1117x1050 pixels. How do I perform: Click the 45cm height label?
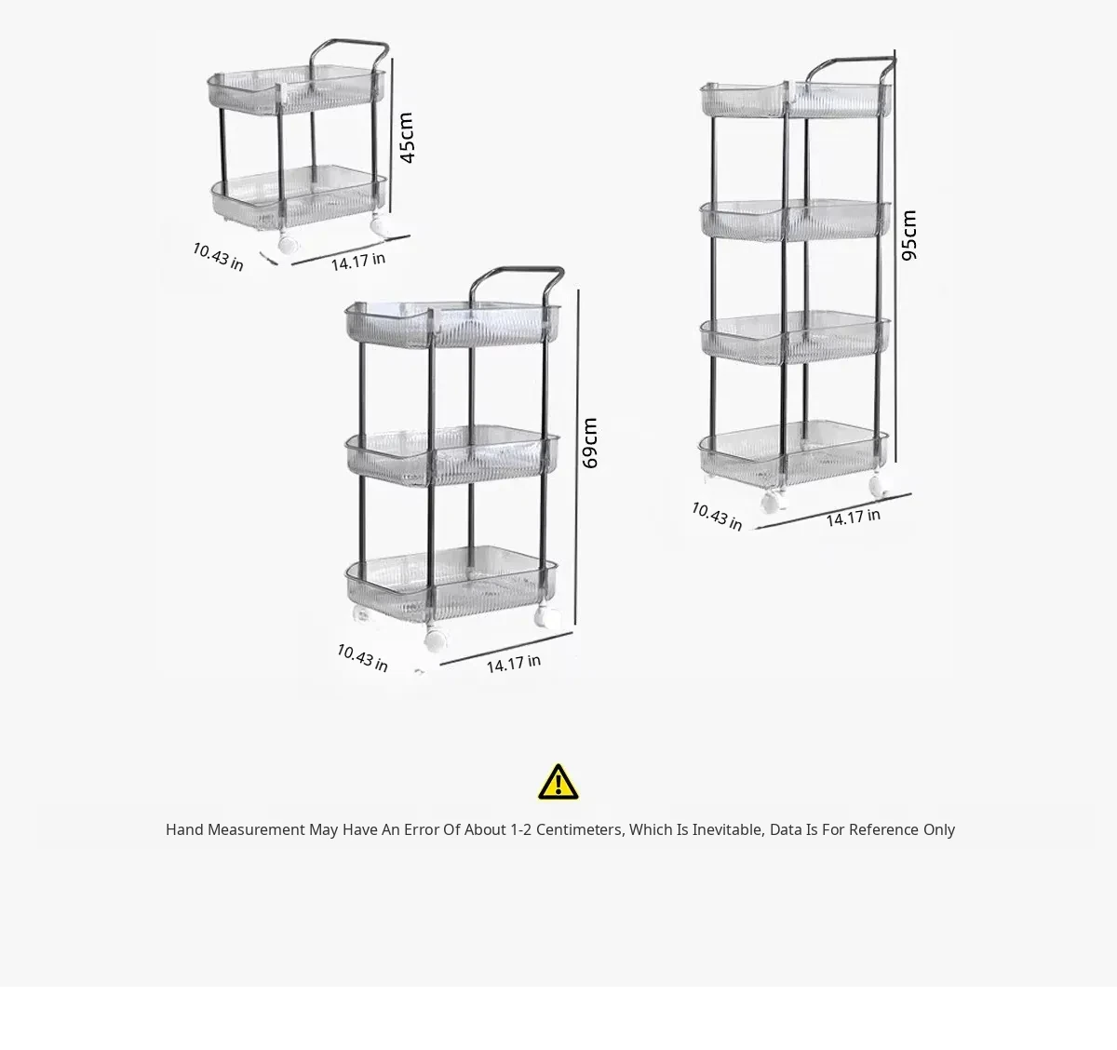click(406, 138)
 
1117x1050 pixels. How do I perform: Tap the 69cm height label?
click(589, 443)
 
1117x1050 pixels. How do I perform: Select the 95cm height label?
click(908, 236)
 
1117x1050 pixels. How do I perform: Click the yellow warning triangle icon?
click(558, 782)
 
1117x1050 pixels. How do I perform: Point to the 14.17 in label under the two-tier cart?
click(358, 262)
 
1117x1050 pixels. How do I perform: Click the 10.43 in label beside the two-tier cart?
click(218, 257)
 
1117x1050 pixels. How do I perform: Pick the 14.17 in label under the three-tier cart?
click(514, 664)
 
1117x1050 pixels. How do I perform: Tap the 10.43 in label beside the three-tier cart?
click(362, 658)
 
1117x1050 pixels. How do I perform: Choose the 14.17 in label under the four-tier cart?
click(854, 518)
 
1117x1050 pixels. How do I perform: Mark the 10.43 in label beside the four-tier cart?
click(717, 516)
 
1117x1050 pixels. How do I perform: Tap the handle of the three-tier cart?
click(517, 270)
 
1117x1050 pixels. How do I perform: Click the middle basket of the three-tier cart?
click(452, 456)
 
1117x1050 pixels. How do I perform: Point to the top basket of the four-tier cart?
click(796, 100)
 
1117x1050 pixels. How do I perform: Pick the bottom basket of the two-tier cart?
click(299, 197)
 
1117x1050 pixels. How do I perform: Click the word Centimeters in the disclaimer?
click(580, 830)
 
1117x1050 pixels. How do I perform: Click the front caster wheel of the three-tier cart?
click(437, 639)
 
